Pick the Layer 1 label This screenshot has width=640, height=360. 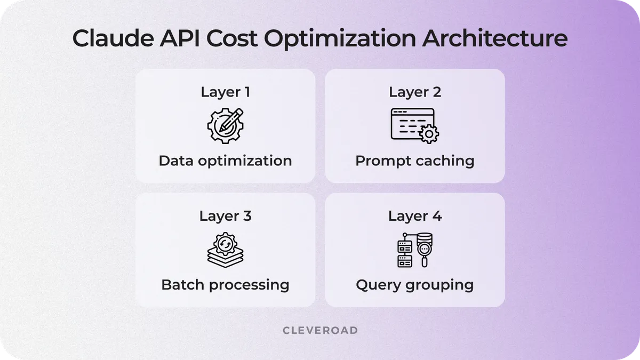pos(225,92)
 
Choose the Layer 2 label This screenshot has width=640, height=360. pos(415,92)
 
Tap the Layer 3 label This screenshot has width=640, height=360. pos(225,216)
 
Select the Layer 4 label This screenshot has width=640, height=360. pos(415,216)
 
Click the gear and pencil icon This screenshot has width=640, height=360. pos(225,125)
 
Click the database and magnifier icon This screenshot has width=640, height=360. pos(414,250)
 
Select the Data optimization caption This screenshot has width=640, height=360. pos(225,161)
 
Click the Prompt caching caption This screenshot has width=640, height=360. pos(415,161)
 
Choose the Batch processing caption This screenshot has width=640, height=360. pos(225,284)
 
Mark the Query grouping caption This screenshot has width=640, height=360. pos(415,284)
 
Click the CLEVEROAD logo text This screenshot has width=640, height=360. pos(320,331)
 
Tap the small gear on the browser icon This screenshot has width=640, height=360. pos(429,134)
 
